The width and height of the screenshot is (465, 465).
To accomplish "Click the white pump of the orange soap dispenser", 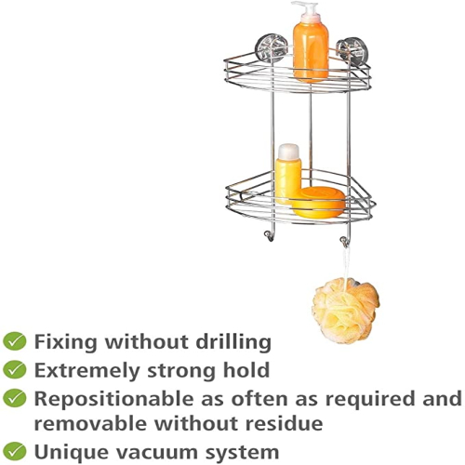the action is [x=306, y=12].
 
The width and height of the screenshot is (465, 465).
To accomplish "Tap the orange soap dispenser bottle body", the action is [x=311, y=52].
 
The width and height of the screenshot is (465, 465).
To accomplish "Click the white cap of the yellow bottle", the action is [x=288, y=152].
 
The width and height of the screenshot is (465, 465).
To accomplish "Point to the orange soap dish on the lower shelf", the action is [x=318, y=203].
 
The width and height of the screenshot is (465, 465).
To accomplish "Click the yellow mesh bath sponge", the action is [x=346, y=311].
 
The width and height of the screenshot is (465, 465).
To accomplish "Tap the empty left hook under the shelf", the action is [x=269, y=235].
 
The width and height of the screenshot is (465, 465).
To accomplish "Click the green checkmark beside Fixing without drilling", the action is [x=14, y=341].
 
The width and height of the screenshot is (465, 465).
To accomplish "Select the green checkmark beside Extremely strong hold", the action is [x=14, y=369].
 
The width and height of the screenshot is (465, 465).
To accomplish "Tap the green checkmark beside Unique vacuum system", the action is [x=14, y=451].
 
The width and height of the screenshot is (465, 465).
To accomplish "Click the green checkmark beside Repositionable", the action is [x=14, y=398].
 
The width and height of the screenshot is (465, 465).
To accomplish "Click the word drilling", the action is [x=233, y=343].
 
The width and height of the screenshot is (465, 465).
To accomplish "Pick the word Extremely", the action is [x=86, y=371].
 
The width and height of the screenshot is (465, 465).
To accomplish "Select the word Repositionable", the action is [x=114, y=399].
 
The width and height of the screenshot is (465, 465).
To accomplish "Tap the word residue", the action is [x=284, y=423].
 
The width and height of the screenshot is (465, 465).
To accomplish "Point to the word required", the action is [x=369, y=399].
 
